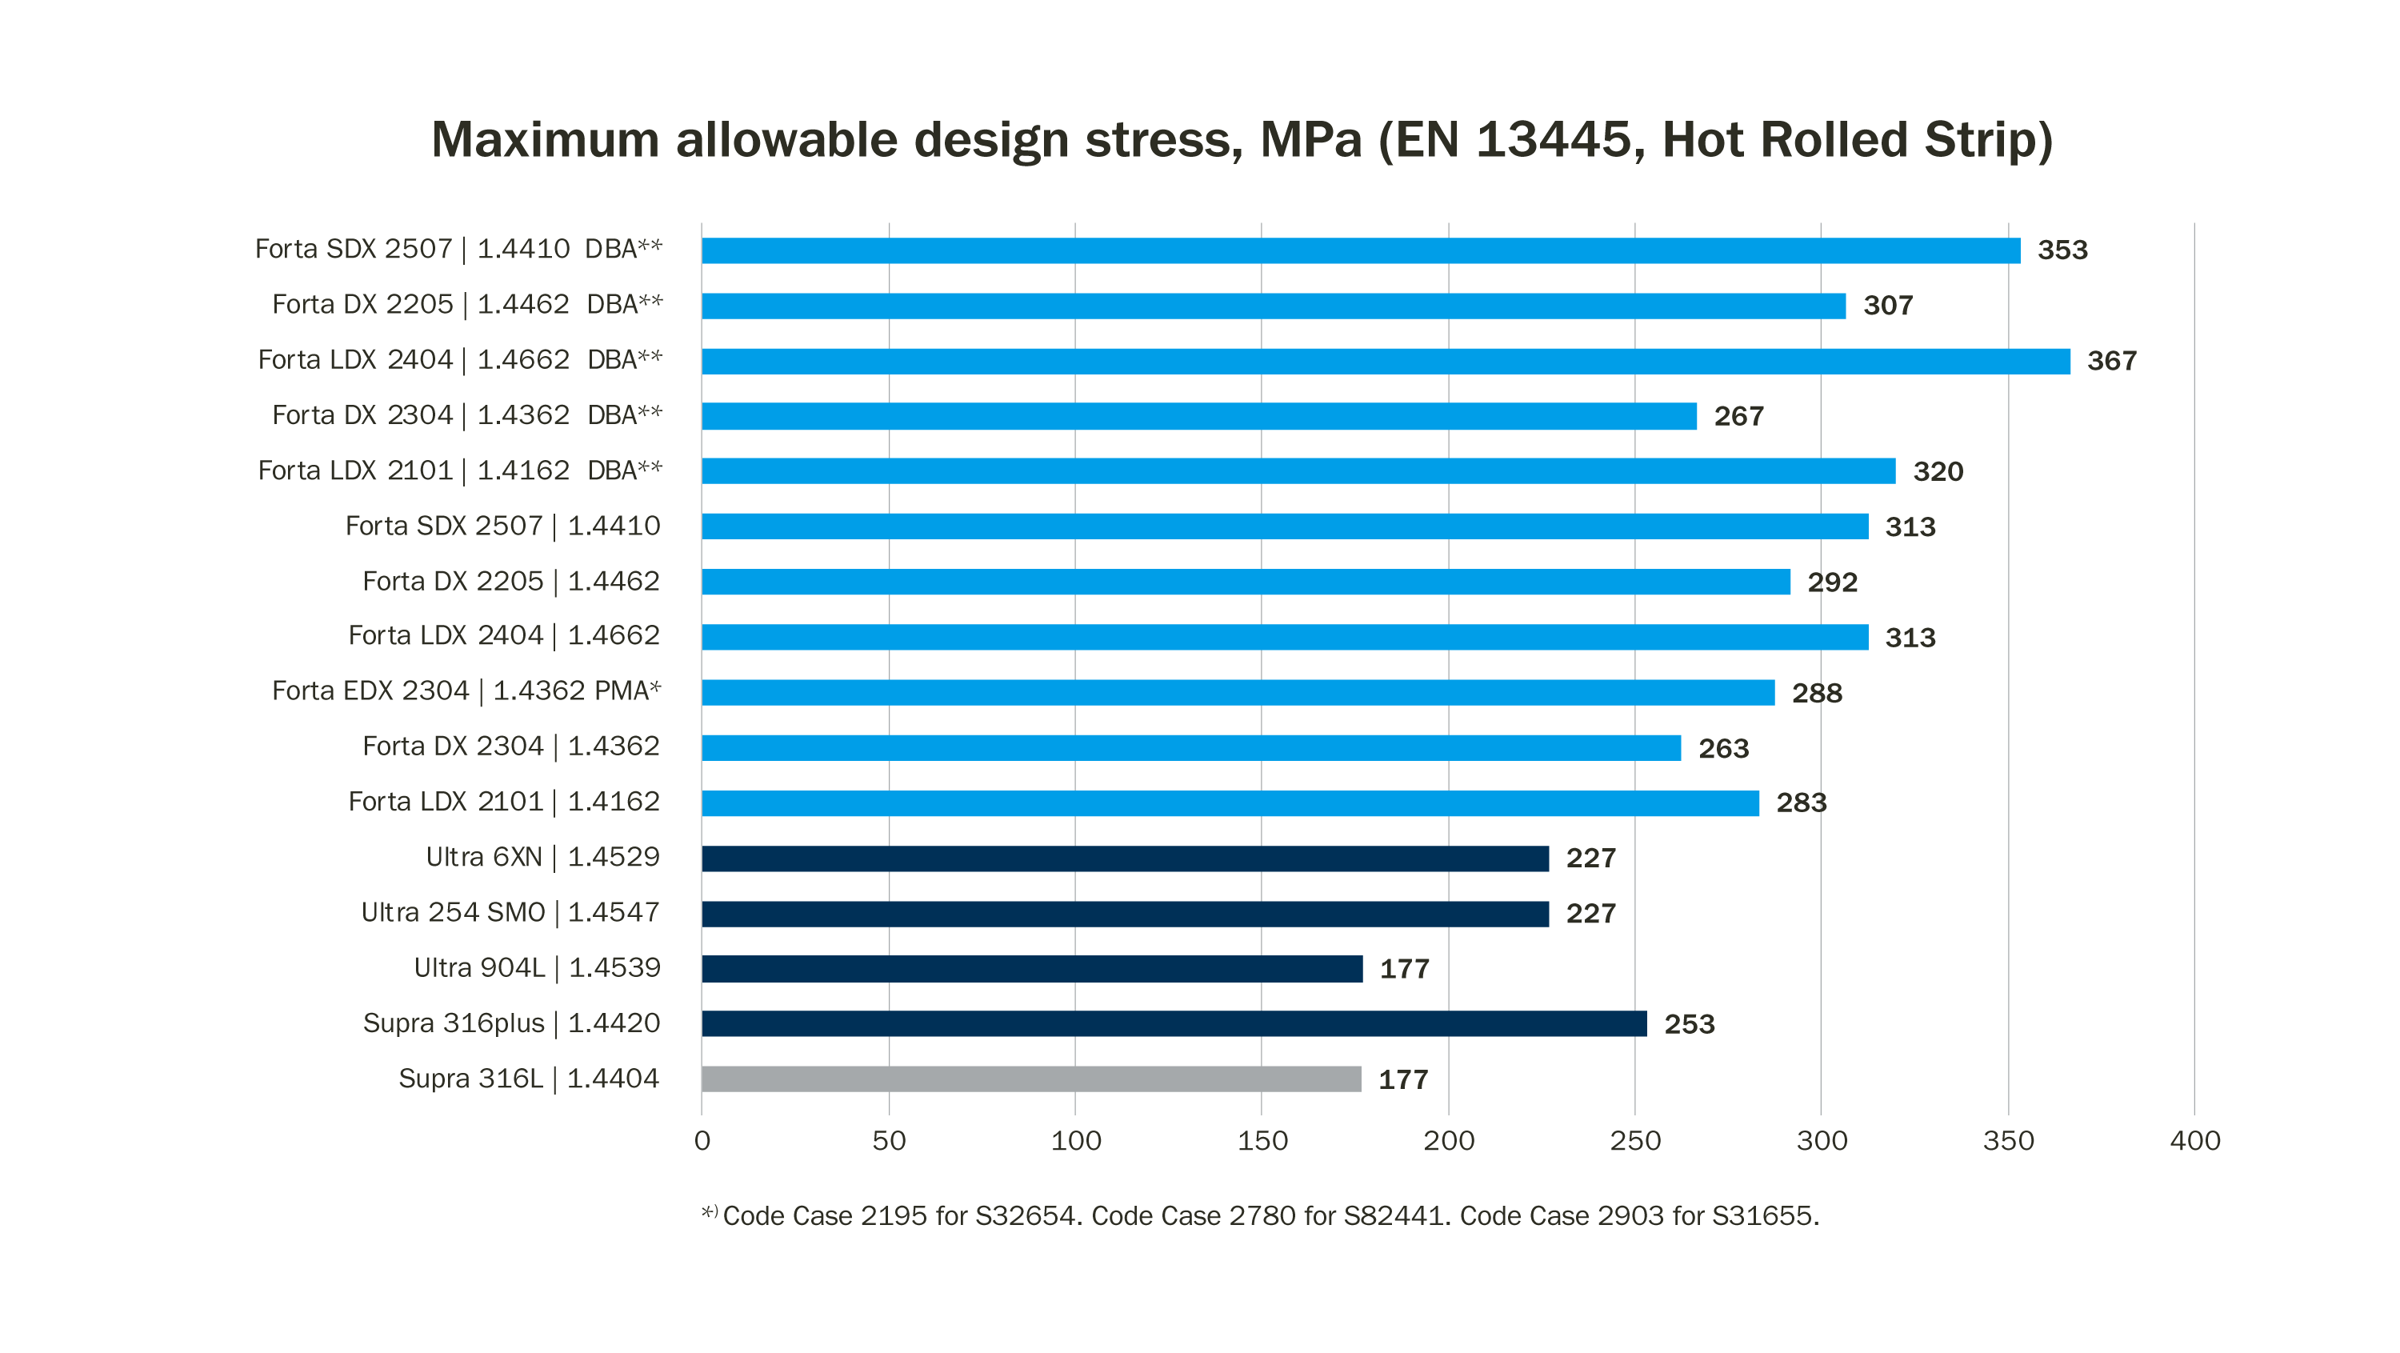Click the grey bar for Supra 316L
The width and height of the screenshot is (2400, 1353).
point(1030,1079)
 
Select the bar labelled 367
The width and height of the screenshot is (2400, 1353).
point(1385,362)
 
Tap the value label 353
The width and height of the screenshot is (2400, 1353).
point(2062,250)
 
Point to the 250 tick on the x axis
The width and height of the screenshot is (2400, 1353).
point(1635,1140)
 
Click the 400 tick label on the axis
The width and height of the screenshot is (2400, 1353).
point(2194,1140)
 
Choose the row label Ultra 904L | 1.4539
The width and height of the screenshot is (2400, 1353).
point(537,968)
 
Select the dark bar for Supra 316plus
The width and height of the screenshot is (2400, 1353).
point(1174,1024)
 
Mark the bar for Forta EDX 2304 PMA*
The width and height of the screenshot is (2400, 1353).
point(1238,692)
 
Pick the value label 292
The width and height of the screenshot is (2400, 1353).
point(1832,582)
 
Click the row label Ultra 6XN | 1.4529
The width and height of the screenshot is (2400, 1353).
point(542,857)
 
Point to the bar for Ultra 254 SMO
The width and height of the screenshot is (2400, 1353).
point(1125,913)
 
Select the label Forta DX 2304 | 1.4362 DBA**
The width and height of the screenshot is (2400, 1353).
point(466,415)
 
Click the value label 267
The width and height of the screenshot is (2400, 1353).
point(1738,417)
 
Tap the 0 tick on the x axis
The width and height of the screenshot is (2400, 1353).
point(702,1140)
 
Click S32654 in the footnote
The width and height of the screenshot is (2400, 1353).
point(1024,1216)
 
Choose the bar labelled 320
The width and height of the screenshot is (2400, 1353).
point(1298,471)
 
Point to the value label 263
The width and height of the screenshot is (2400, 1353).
point(1722,748)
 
